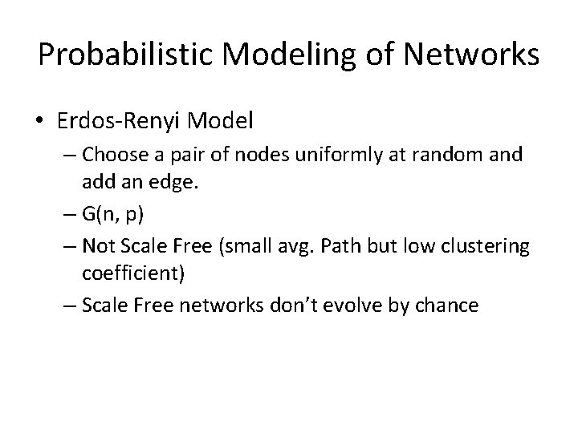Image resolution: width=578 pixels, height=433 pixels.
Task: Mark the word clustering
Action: click(x=489, y=246)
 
